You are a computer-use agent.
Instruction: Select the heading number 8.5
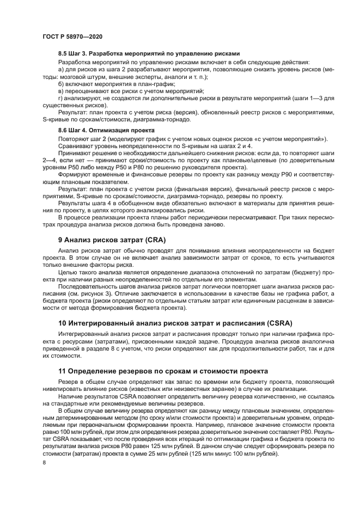pos(64,54)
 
